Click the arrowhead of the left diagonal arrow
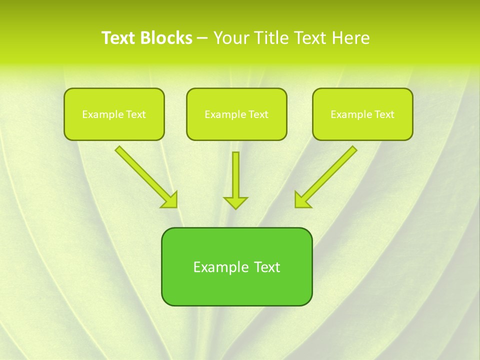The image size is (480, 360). tap(170, 200)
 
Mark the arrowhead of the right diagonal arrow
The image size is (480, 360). tap(301, 200)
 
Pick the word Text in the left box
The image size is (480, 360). tap(135, 114)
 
